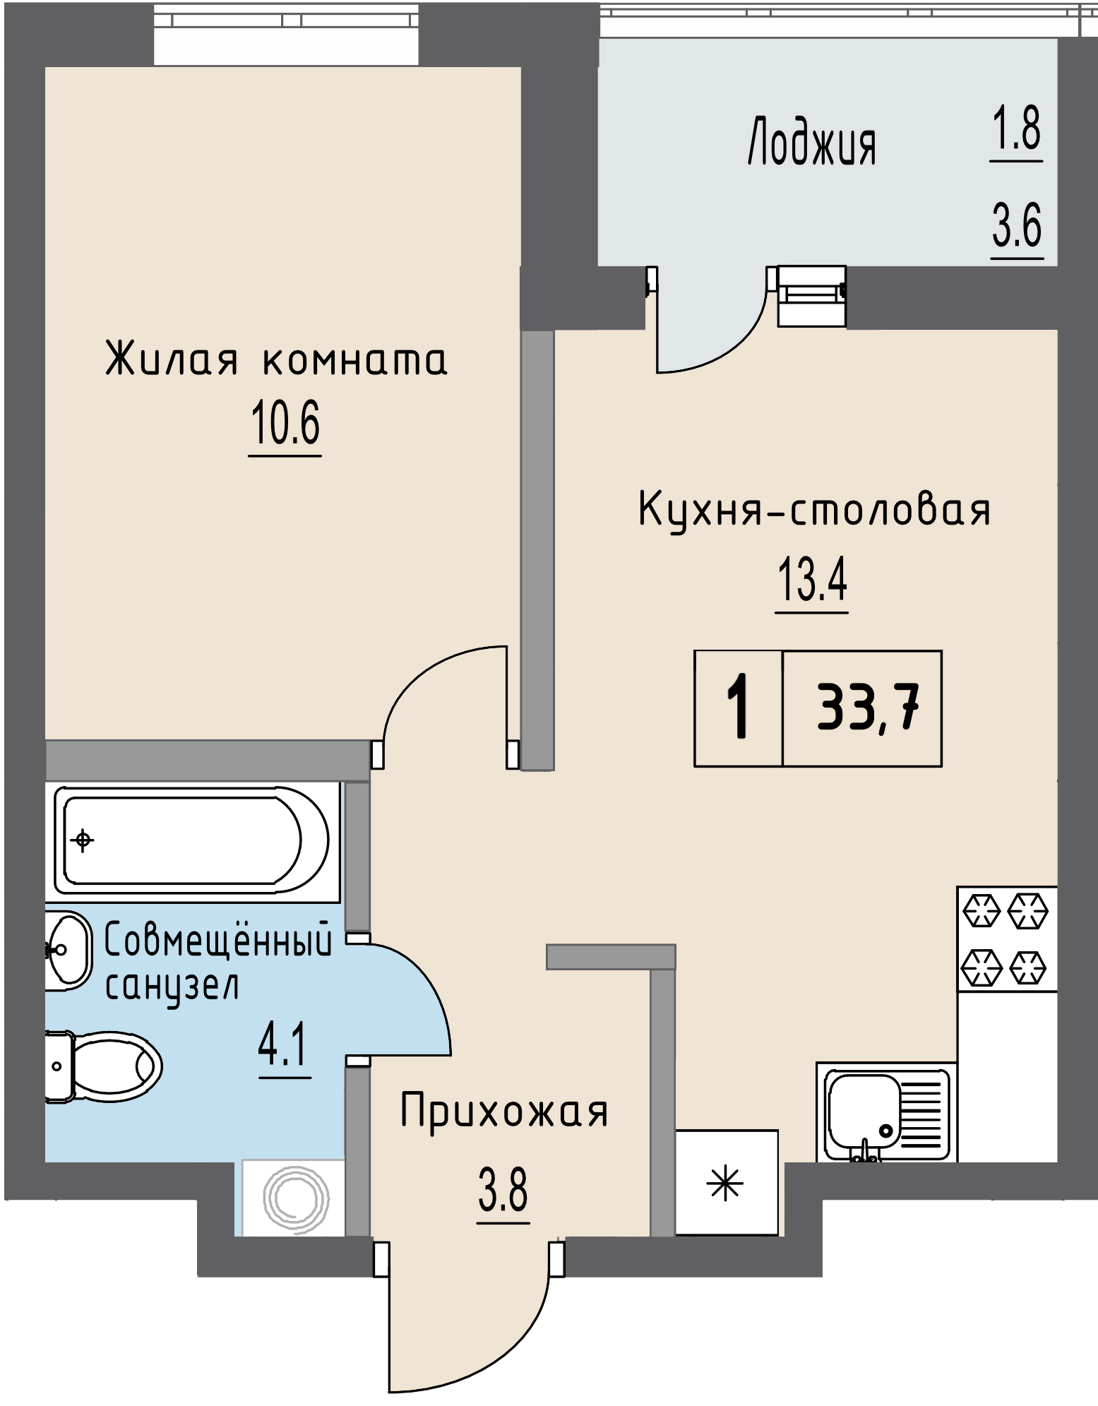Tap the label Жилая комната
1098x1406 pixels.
coord(276,360)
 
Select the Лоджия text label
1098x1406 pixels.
coord(811,143)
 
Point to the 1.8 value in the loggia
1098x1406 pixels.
coord(1016,130)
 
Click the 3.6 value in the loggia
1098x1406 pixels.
coord(1017,226)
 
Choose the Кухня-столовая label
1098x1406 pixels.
coord(814,510)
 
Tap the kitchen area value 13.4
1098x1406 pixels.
coord(812,579)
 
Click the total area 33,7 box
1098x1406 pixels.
coord(867,708)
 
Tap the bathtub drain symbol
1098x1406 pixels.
coord(83,840)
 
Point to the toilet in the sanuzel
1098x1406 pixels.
coord(106,1066)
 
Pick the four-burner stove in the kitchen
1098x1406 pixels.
coord(1006,939)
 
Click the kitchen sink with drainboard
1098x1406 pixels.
coord(886,1112)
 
